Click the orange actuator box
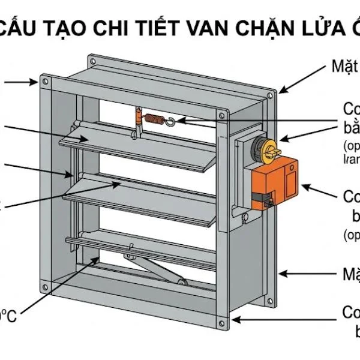(x=277, y=184)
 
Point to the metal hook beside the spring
(x=173, y=122)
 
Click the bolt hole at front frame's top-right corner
(x=222, y=114)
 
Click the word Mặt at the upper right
(x=344, y=66)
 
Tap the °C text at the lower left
(x=8, y=316)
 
